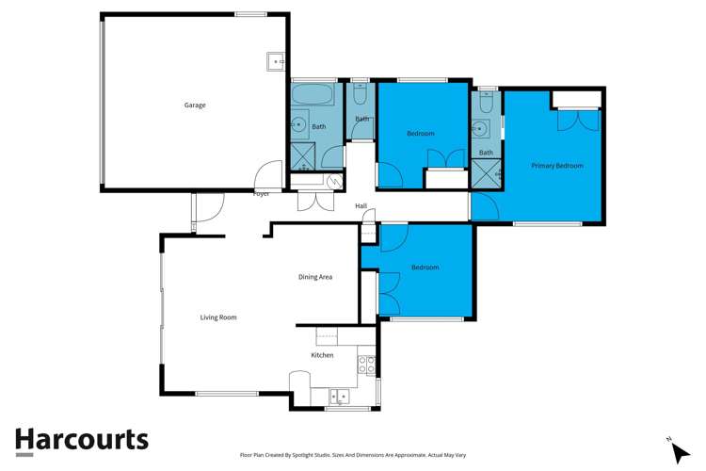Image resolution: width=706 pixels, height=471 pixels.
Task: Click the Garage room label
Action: [x=195, y=105]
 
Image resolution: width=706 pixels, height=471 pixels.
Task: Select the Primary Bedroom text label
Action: [x=556, y=166]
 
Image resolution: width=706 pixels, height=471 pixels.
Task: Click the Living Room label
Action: [x=217, y=317]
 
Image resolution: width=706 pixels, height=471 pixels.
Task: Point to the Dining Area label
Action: [x=315, y=277]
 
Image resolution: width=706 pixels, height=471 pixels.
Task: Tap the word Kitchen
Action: [x=322, y=355]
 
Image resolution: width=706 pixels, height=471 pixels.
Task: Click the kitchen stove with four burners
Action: [x=368, y=364]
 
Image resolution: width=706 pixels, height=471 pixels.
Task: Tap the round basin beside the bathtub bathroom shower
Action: [x=297, y=122]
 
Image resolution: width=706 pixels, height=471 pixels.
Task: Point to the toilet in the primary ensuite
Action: [x=486, y=103]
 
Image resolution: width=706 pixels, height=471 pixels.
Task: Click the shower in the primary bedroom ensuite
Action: [x=486, y=171]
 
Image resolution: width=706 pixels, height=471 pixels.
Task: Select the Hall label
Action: [x=361, y=205]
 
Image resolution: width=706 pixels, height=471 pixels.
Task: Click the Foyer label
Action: [x=262, y=194]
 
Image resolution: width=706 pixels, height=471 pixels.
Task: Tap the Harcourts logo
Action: [x=81, y=440]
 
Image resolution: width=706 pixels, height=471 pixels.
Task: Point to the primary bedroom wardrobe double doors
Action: [x=577, y=120]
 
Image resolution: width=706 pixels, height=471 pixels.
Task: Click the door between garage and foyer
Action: [x=269, y=175]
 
